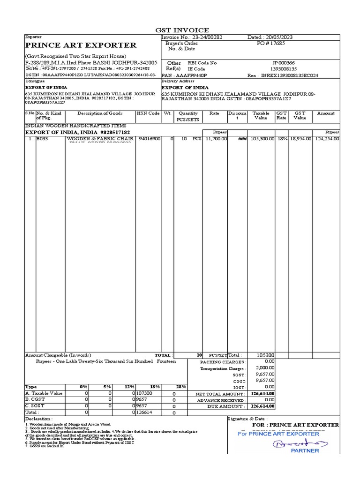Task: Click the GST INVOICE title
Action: coord(182,30)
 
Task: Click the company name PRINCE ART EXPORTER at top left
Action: coord(81,45)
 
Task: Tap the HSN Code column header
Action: coord(148,113)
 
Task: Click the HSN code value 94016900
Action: coord(150,139)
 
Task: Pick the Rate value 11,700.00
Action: coord(216,139)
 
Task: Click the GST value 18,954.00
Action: coord(300,139)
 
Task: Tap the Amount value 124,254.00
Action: coord(327,139)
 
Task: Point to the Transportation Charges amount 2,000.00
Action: coord(265,368)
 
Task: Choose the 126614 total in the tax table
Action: coord(145,412)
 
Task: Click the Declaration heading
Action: coord(39,418)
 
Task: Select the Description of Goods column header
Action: coord(100,113)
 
